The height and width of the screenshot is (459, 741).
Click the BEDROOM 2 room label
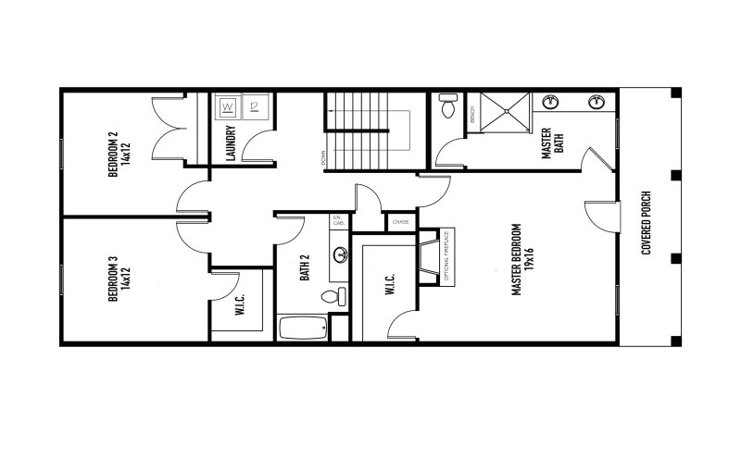(117, 154)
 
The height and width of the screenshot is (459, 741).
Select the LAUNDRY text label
(231, 143)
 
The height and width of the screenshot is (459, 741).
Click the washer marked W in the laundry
(229, 108)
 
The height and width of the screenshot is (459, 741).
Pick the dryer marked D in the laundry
(255, 108)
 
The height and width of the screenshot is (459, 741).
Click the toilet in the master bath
(449, 107)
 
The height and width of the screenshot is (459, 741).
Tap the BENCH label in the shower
(472, 115)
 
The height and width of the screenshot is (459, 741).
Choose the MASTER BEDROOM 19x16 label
(523, 260)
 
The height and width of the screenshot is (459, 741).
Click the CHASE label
(401, 222)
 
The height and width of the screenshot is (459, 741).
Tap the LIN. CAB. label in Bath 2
(339, 222)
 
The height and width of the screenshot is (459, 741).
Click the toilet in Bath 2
(333, 296)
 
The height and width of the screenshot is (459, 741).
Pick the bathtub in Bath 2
(303, 328)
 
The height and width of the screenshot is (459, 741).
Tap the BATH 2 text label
(304, 268)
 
